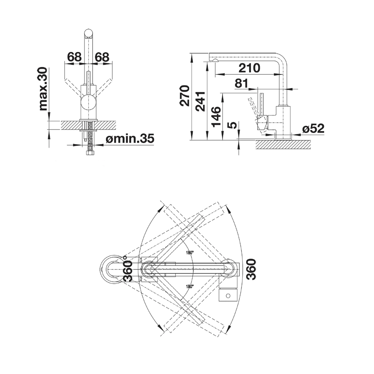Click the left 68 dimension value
coord(74,57)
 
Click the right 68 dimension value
coord(102,57)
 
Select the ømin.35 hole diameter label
coord(130,139)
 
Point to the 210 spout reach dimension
coord(249,68)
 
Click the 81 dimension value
coord(241,83)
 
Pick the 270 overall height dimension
coord(185,95)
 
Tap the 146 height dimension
coord(216,117)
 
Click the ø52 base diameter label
coord(313,129)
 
